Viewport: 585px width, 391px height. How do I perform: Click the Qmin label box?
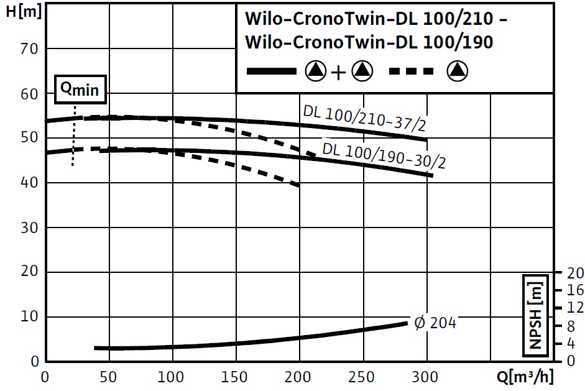[79, 90]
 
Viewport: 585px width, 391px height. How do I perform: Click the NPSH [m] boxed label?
[537, 317]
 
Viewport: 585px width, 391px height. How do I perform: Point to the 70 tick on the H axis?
[30, 48]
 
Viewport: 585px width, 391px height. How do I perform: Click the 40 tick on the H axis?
[30, 183]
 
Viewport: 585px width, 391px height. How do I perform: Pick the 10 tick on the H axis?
[30, 317]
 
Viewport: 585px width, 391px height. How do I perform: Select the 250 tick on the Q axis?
[362, 377]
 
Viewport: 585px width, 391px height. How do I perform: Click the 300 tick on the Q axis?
[426, 377]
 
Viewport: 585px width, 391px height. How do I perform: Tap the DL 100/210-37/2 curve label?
[364, 119]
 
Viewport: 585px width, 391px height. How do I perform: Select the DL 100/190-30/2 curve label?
[384, 155]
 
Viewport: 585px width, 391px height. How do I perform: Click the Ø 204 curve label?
[435, 323]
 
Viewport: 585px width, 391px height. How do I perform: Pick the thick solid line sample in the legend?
[272, 71]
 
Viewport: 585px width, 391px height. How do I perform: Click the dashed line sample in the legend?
[411, 71]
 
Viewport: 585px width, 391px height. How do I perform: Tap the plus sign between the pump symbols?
[338, 73]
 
